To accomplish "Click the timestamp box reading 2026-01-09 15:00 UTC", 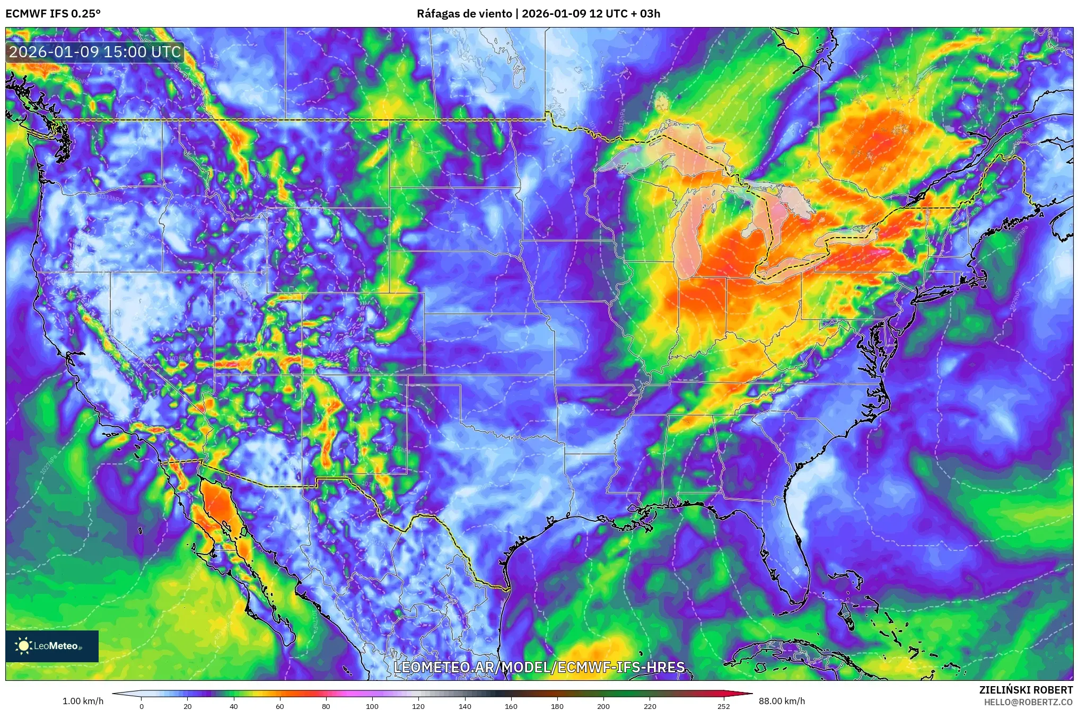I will tap(95, 52).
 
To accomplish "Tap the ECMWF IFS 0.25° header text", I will tap(53, 14).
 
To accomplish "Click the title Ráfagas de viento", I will tap(464, 14).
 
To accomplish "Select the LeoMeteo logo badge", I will tap(52, 646).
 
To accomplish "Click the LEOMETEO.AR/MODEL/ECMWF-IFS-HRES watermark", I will tap(539, 667).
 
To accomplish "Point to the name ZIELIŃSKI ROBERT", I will tap(1026, 690).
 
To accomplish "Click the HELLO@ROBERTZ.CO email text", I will tap(1028, 702).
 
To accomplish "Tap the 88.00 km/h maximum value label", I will tap(782, 701).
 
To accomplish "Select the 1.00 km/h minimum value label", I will tap(83, 701).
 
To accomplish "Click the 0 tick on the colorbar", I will tap(141, 706).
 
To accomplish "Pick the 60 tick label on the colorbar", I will tap(279, 706).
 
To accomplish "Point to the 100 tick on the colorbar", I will tap(372, 706).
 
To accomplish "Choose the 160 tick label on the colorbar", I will tap(511, 706).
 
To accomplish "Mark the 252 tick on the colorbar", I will tap(723, 706).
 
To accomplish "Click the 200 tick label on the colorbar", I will tap(603, 706).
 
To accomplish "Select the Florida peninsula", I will tap(795, 551).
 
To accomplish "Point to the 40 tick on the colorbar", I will tap(233, 706).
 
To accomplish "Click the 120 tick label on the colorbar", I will tap(418, 706).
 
